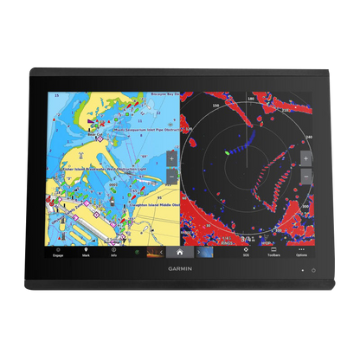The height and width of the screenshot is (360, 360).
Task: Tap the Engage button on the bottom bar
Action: [x=59, y=252]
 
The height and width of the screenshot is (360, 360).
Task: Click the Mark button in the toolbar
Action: [x=87, y=252]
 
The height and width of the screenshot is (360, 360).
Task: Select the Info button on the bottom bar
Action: [x=113, y=252]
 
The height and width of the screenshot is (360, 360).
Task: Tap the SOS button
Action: [x=246, y=252]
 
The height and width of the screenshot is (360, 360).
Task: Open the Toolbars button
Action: [x=273, y=252]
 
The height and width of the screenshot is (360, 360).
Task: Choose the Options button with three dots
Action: [x=301, y=252]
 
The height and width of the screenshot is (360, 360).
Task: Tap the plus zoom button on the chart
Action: [x=171, y=159]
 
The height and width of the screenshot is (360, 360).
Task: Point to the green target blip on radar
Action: [x=227, y=153]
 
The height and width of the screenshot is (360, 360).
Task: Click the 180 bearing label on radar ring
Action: [x=251, y=99]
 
